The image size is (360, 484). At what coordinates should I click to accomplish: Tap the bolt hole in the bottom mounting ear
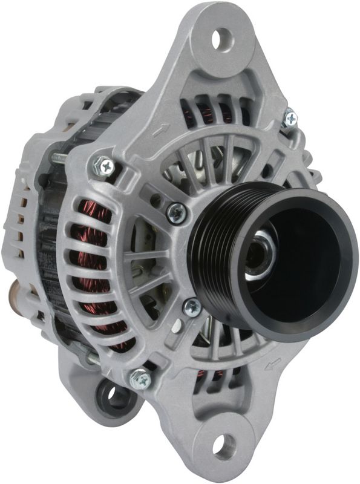tap(224, 446)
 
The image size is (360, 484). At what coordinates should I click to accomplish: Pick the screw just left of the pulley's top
tap(177, 212)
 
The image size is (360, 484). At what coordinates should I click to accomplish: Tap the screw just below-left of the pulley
tap(192, 307)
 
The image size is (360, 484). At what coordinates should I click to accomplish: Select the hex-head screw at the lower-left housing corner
tap(139, 379)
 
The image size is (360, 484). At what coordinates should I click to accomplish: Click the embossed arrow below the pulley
tap(273, 364)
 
